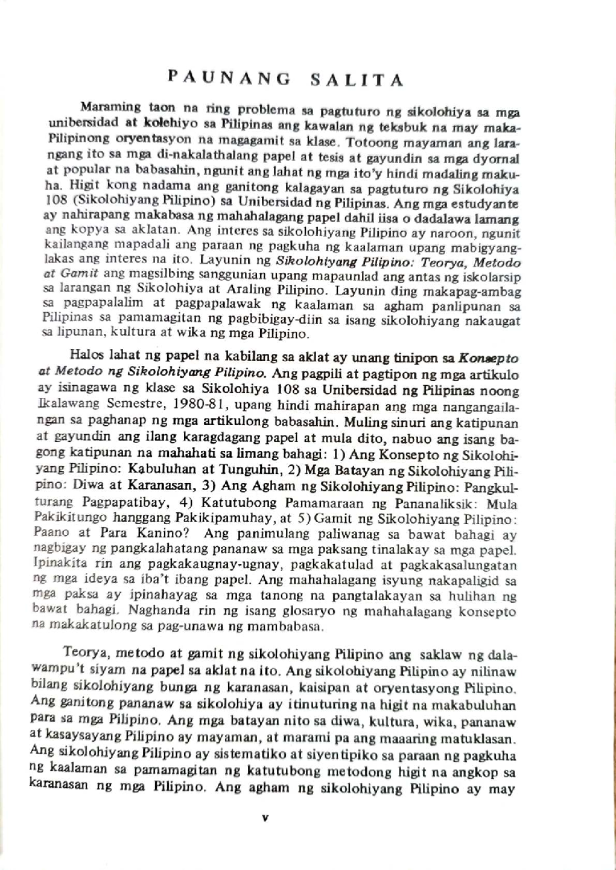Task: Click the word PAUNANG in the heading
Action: pos(229,78)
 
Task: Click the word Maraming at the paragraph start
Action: pos(110,107)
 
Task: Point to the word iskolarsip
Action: pos(494,278)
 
